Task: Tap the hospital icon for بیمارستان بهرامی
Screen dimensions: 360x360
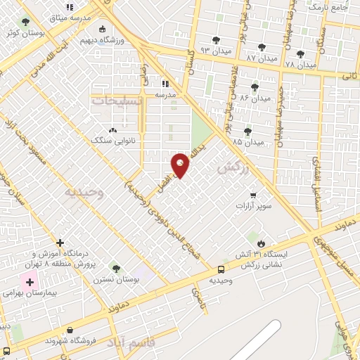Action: pos(29,282)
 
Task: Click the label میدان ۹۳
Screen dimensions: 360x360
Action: pos(215,51)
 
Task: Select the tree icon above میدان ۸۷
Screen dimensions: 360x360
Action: pos(262,47)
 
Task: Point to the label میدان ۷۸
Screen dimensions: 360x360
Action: pos(300,65)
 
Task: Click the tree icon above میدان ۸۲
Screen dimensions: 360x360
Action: pos(255,88)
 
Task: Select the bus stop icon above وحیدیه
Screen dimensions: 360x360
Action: pos(221,269)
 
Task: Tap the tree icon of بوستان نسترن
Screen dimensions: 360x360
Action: pos(116,269)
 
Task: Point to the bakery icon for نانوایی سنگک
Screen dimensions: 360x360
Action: pos(112,130)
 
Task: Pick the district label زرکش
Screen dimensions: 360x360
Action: pos(234,169)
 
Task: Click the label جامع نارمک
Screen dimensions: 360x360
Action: pos(330,7)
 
